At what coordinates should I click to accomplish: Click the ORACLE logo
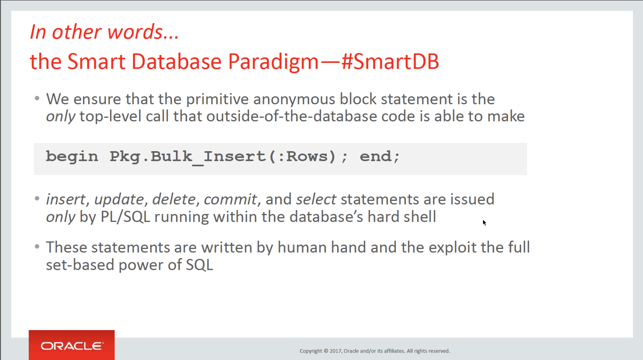coord(72,346)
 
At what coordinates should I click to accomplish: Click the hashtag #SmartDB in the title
coord(390,61)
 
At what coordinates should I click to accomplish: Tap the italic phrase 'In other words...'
coord(105,31)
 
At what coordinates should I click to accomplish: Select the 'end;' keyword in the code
coord(380,157)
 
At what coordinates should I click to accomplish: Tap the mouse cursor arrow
coord(484,222)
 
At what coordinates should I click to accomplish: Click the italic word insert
coord(66,199)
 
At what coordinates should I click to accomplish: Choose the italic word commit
coord(230,199)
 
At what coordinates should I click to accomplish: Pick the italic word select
coord(316,199)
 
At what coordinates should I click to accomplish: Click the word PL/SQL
coord(125,217)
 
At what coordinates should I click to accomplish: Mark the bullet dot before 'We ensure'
coord(37,99)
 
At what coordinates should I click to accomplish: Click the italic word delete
coord(173,199)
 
